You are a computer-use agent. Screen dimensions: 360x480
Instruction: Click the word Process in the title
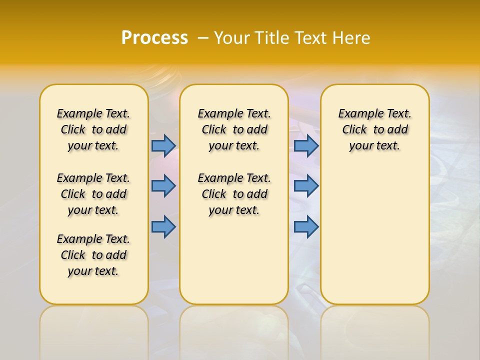(x=154, y=37)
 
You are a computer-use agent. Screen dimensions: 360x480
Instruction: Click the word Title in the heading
(x=273, y=38)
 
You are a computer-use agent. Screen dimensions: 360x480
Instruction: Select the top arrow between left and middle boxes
(x=163, y=145)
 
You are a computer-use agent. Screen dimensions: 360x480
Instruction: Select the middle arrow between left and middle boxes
(x=163, y=186)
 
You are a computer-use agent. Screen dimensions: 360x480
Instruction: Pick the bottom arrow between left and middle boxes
(x=163, y=227)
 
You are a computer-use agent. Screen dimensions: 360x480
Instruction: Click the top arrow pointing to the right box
(x=306, y=145)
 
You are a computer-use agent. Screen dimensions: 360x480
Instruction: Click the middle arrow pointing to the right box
(x=306, y=186)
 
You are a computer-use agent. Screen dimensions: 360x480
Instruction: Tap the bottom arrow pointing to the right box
(x=306, y=227)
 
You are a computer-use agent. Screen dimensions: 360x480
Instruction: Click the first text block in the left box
(x=93, y=129)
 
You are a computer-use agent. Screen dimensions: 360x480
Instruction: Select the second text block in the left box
(x=93, y=194)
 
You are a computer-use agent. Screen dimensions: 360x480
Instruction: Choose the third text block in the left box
(x=93, y=255)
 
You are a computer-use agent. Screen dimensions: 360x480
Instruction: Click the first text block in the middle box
(x=234, y=129)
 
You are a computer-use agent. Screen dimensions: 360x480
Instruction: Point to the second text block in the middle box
(x=234, y=194)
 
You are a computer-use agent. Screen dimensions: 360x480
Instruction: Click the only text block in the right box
(x=374, y=129)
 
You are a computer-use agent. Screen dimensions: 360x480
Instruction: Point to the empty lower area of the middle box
(x=234, y=260)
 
